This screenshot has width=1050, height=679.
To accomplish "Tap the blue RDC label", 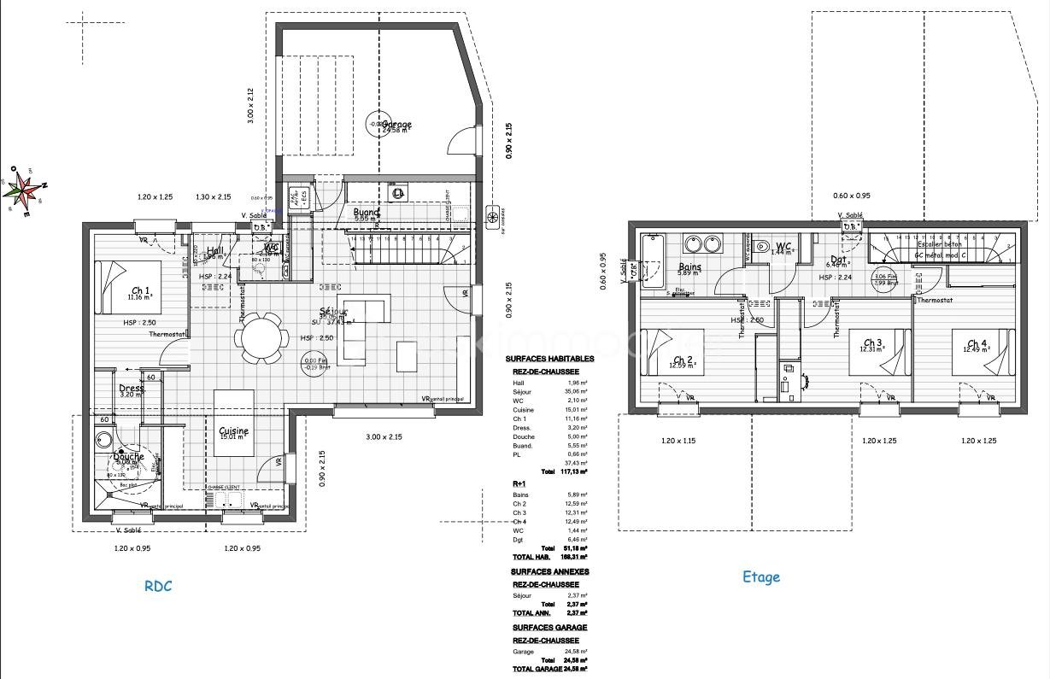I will coord(158,586).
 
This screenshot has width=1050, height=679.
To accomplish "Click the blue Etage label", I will coord(760,577).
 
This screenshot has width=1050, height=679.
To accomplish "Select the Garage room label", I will coord(396,125).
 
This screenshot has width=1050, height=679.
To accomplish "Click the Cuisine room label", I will coord(233,431).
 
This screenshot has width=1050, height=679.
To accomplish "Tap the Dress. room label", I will coord(132,389).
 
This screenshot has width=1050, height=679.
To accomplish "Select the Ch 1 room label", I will coord(141,291).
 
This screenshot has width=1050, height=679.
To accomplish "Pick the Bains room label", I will coord(689,267).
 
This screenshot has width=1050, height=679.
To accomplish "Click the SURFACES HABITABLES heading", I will coord(548,360).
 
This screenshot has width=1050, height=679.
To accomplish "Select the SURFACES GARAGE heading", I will coord(549,628).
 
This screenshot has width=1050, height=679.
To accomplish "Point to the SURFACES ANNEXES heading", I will coord(550,571).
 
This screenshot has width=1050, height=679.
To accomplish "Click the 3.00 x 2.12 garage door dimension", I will coord(251,107).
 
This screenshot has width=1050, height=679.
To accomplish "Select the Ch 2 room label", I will coord(683,360).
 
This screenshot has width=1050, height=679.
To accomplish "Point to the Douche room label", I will coord(128,457).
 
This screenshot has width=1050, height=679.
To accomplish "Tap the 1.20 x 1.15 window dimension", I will coord(678,441).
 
